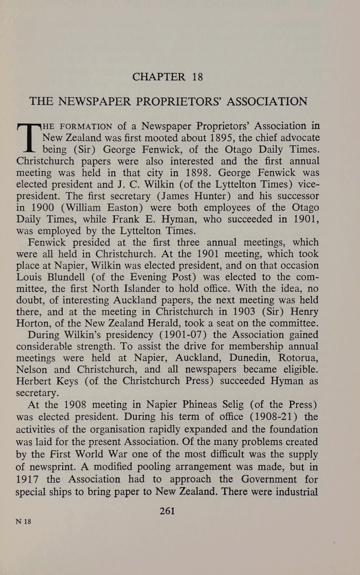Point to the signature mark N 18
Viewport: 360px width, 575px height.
coord(24,521)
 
